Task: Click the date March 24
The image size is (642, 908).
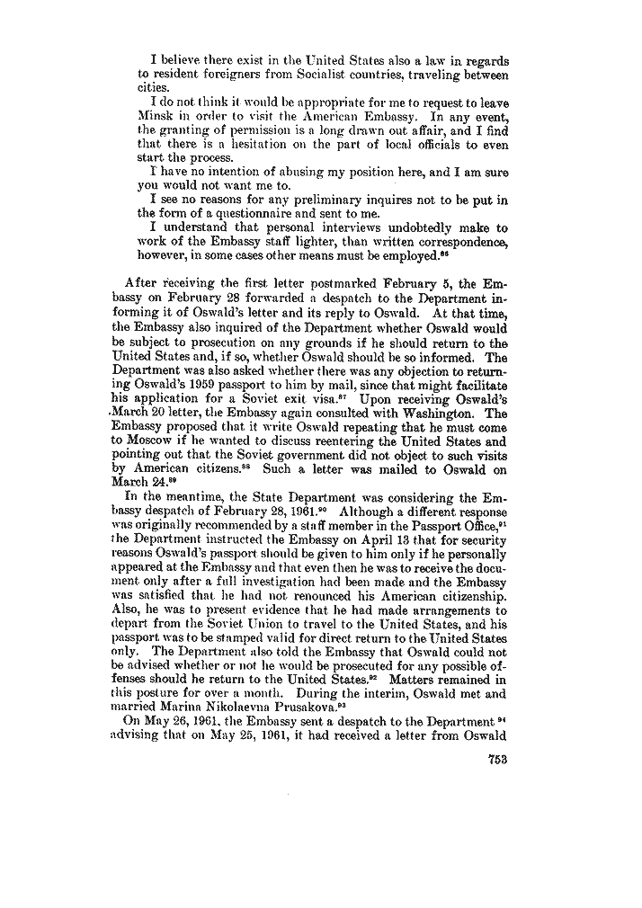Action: click(x=155, y=481)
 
